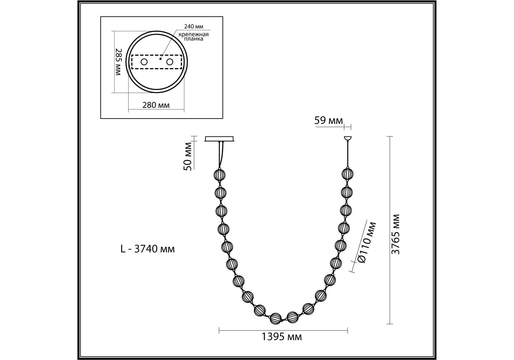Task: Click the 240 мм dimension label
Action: [193, 27]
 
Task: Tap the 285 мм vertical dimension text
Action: [118, 62]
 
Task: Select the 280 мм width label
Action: [156, 105]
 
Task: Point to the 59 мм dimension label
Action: [328, 121]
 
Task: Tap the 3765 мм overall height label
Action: [396, 234]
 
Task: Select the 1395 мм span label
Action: [282, 337]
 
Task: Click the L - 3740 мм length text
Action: [147, 249]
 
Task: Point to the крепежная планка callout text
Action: [194, 37]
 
